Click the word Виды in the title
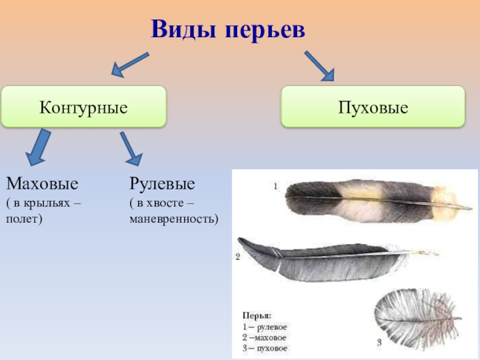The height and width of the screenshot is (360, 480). (x=182, y=29)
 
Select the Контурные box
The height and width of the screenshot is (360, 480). (x=83, y=107)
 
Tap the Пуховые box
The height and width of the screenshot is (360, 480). (x=373, y=107)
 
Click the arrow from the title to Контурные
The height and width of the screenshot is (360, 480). (x=129, y=64)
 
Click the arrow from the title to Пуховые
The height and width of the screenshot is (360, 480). (x=319, y=65)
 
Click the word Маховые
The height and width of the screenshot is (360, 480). (x=42, y=182)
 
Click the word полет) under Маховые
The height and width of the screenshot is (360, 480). (x=25, y=218)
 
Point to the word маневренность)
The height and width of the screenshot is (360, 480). (x=174, y=218)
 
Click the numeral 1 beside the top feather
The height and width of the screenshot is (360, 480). (x=275, y=187)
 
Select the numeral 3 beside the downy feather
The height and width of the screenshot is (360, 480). (x=379, y=343)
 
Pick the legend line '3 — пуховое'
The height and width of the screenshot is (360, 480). (x=265, y=348)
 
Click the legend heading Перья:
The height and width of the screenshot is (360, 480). (x=257, y=315)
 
